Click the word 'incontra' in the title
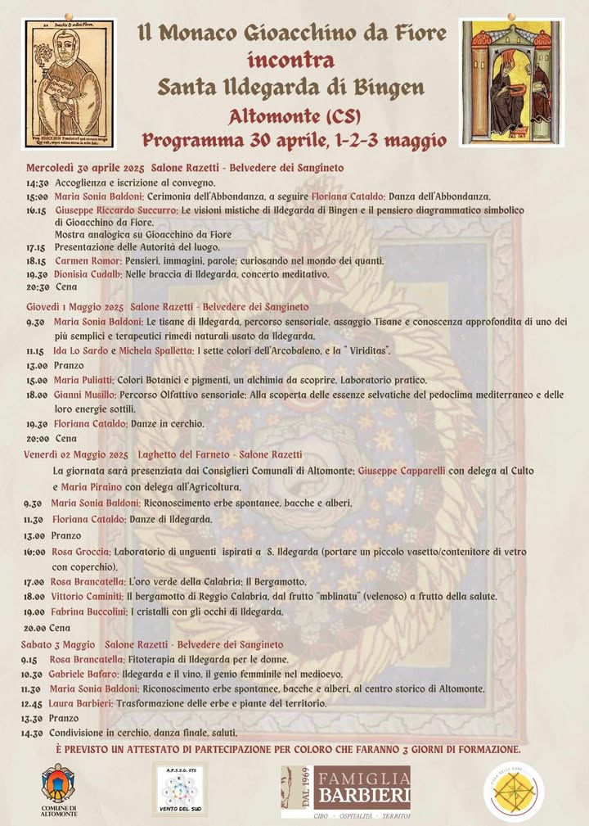(x=291, y=60)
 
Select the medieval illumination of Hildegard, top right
(x=511, y=83)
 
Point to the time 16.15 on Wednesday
(x=35, y=210)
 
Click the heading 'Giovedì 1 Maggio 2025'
(x=74, y=306)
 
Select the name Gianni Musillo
(x=83, y=395)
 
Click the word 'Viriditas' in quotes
(x=358, y=351)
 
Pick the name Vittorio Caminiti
(x=87, y=597)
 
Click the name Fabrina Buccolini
(x=88, y=612)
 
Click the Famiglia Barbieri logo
(x=346, y=792)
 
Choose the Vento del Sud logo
(x=179, y=789)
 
